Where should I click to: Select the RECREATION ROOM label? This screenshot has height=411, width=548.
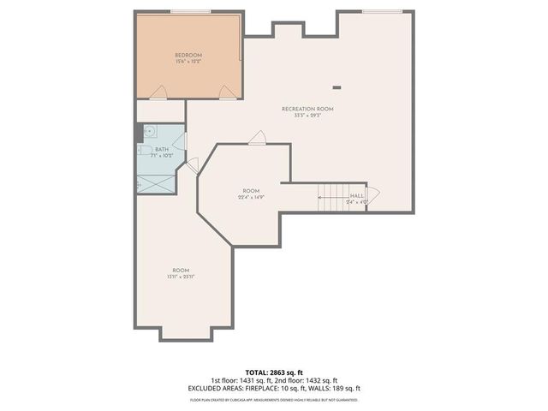[307, 109]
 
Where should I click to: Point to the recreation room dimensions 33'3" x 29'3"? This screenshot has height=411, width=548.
[307, 116]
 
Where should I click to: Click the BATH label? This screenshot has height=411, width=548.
[162, 149]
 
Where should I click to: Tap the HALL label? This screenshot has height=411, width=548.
[357, 196]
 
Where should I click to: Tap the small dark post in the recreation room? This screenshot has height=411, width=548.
[337, 86]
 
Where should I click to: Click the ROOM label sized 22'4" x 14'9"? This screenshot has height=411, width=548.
[250, 191]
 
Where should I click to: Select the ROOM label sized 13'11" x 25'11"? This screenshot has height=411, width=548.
[182, 270]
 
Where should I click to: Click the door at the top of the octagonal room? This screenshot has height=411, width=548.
[257, 137]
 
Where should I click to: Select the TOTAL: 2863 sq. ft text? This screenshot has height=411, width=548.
[273, 372]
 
